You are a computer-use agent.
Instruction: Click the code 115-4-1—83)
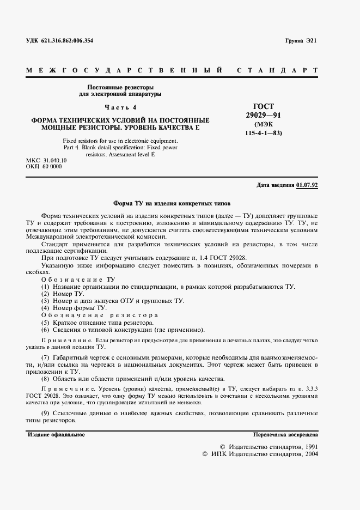coord(264,133)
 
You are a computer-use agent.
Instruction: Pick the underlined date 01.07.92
coord(307,185)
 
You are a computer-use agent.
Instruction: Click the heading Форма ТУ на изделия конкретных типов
coord(172,201)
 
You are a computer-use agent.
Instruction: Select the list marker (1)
coord(46,287)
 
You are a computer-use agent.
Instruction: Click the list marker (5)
coord(46,323)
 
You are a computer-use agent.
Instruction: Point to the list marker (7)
coord(46,357)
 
